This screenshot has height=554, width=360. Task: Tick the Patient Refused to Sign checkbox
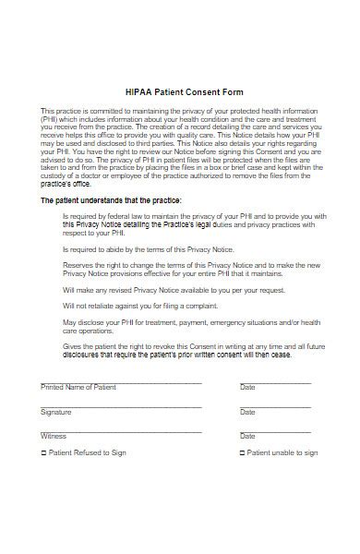(43, 453)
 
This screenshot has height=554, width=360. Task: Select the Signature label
(55, 412)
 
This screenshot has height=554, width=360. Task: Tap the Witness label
(54, 436)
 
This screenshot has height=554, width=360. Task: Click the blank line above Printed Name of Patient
(120, 380)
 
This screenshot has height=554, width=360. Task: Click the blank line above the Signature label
(120, 404)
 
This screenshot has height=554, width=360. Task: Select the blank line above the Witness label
(120, 428)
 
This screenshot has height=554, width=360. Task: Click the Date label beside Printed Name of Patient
(247, 388)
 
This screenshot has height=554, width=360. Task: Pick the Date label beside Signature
(247, 412)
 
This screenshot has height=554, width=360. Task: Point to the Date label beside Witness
(247, 436)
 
